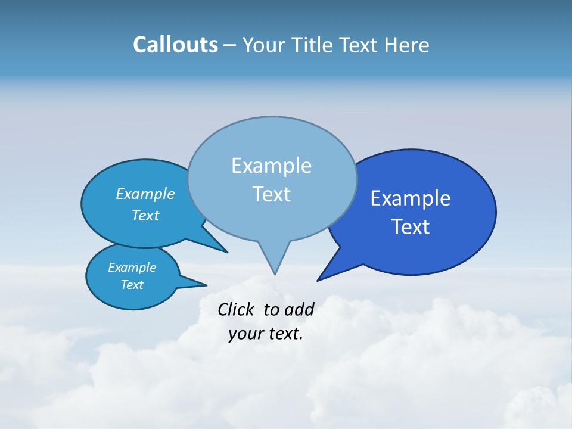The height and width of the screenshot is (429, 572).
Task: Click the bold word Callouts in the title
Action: click(175, 45)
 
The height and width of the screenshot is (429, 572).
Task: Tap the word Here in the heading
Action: click(408, 45)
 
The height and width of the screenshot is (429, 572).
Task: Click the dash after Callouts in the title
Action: click(230, 45)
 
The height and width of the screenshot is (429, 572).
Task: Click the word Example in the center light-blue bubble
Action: click(271, 166)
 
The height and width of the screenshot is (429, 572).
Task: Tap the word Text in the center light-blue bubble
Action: click(271, 194)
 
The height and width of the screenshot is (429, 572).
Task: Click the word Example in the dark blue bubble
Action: click(411, 198)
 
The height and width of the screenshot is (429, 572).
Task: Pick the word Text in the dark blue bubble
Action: click(411, 227)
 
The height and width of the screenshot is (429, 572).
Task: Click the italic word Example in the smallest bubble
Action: click(132, 268)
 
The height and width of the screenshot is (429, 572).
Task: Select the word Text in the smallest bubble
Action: click(132, 285)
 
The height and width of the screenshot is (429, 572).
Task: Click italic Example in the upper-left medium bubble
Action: click(145, 194)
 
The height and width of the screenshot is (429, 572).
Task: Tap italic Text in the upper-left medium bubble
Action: click(145, 215)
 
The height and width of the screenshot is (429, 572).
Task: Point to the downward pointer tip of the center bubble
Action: click(275, 273)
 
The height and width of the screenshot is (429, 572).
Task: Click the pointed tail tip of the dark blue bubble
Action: click(318, 280)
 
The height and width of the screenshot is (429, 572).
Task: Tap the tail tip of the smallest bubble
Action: click(206, 285)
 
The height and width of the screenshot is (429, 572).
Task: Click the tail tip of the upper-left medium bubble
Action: click(227, 252)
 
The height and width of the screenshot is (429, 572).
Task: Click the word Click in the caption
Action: click(236, 309)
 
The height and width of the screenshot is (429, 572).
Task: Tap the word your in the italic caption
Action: click(245, 334)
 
